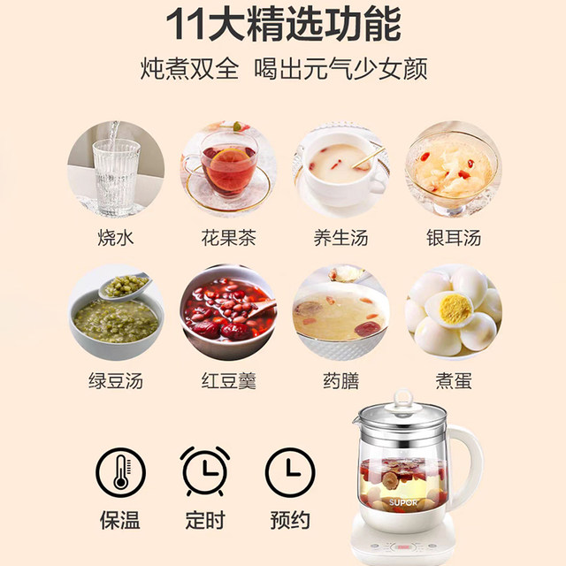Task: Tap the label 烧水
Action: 117,237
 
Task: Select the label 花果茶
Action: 228,237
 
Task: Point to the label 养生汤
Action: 340,237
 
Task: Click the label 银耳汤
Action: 452,237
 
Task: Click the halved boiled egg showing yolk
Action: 454,308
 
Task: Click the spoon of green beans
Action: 124,289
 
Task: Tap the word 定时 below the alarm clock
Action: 204,519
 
